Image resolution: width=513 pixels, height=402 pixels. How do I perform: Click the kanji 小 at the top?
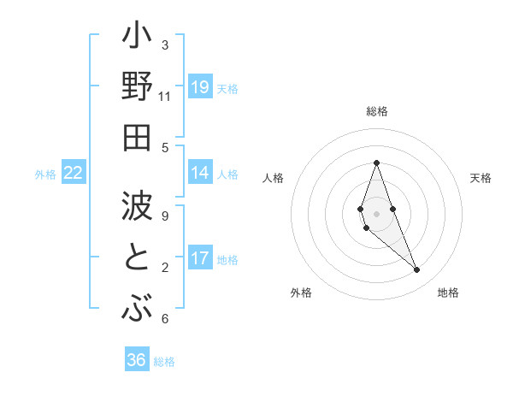point(137,38)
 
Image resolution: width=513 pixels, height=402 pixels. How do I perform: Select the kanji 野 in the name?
point(137,88)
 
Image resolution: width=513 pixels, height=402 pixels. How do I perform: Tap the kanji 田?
point(137,137)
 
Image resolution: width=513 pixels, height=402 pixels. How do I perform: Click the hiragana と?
point(137,258)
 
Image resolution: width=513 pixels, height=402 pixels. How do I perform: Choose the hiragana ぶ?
point(137,307)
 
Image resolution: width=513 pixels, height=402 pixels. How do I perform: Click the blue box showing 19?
point(200,87)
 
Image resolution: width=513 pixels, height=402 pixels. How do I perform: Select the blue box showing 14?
point(200,173)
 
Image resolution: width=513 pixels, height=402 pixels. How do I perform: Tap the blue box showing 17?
point(200,258)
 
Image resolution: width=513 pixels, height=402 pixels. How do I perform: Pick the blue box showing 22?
point(74,173)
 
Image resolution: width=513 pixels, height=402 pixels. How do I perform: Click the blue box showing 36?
point(137,360)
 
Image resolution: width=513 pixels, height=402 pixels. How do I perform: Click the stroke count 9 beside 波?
point(165,216)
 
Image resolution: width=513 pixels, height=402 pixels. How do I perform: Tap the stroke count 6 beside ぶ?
point(165,319)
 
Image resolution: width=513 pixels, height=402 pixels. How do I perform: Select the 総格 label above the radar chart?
point(377,111)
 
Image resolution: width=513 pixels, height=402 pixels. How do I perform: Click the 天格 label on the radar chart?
point(481,178)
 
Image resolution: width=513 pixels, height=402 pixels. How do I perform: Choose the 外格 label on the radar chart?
point(301,293)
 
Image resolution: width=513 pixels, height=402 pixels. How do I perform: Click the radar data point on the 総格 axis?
point(376,163)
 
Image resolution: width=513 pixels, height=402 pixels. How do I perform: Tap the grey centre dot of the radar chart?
point(376,213)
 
